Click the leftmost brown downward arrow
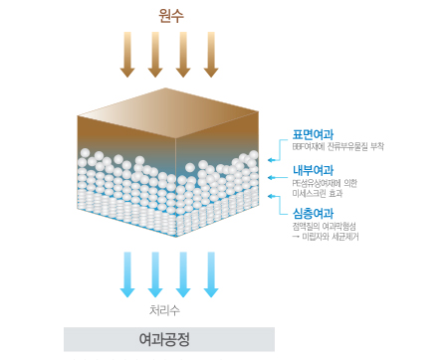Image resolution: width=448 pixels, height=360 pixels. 127,54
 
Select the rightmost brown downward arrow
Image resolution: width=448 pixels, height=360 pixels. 210,54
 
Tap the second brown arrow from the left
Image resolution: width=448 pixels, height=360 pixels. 155,54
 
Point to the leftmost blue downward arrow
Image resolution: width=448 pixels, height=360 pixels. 127,273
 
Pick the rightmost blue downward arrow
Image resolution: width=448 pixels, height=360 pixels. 210,273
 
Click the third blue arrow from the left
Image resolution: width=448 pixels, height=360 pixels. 183,273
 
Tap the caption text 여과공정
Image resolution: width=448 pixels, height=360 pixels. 169,339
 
